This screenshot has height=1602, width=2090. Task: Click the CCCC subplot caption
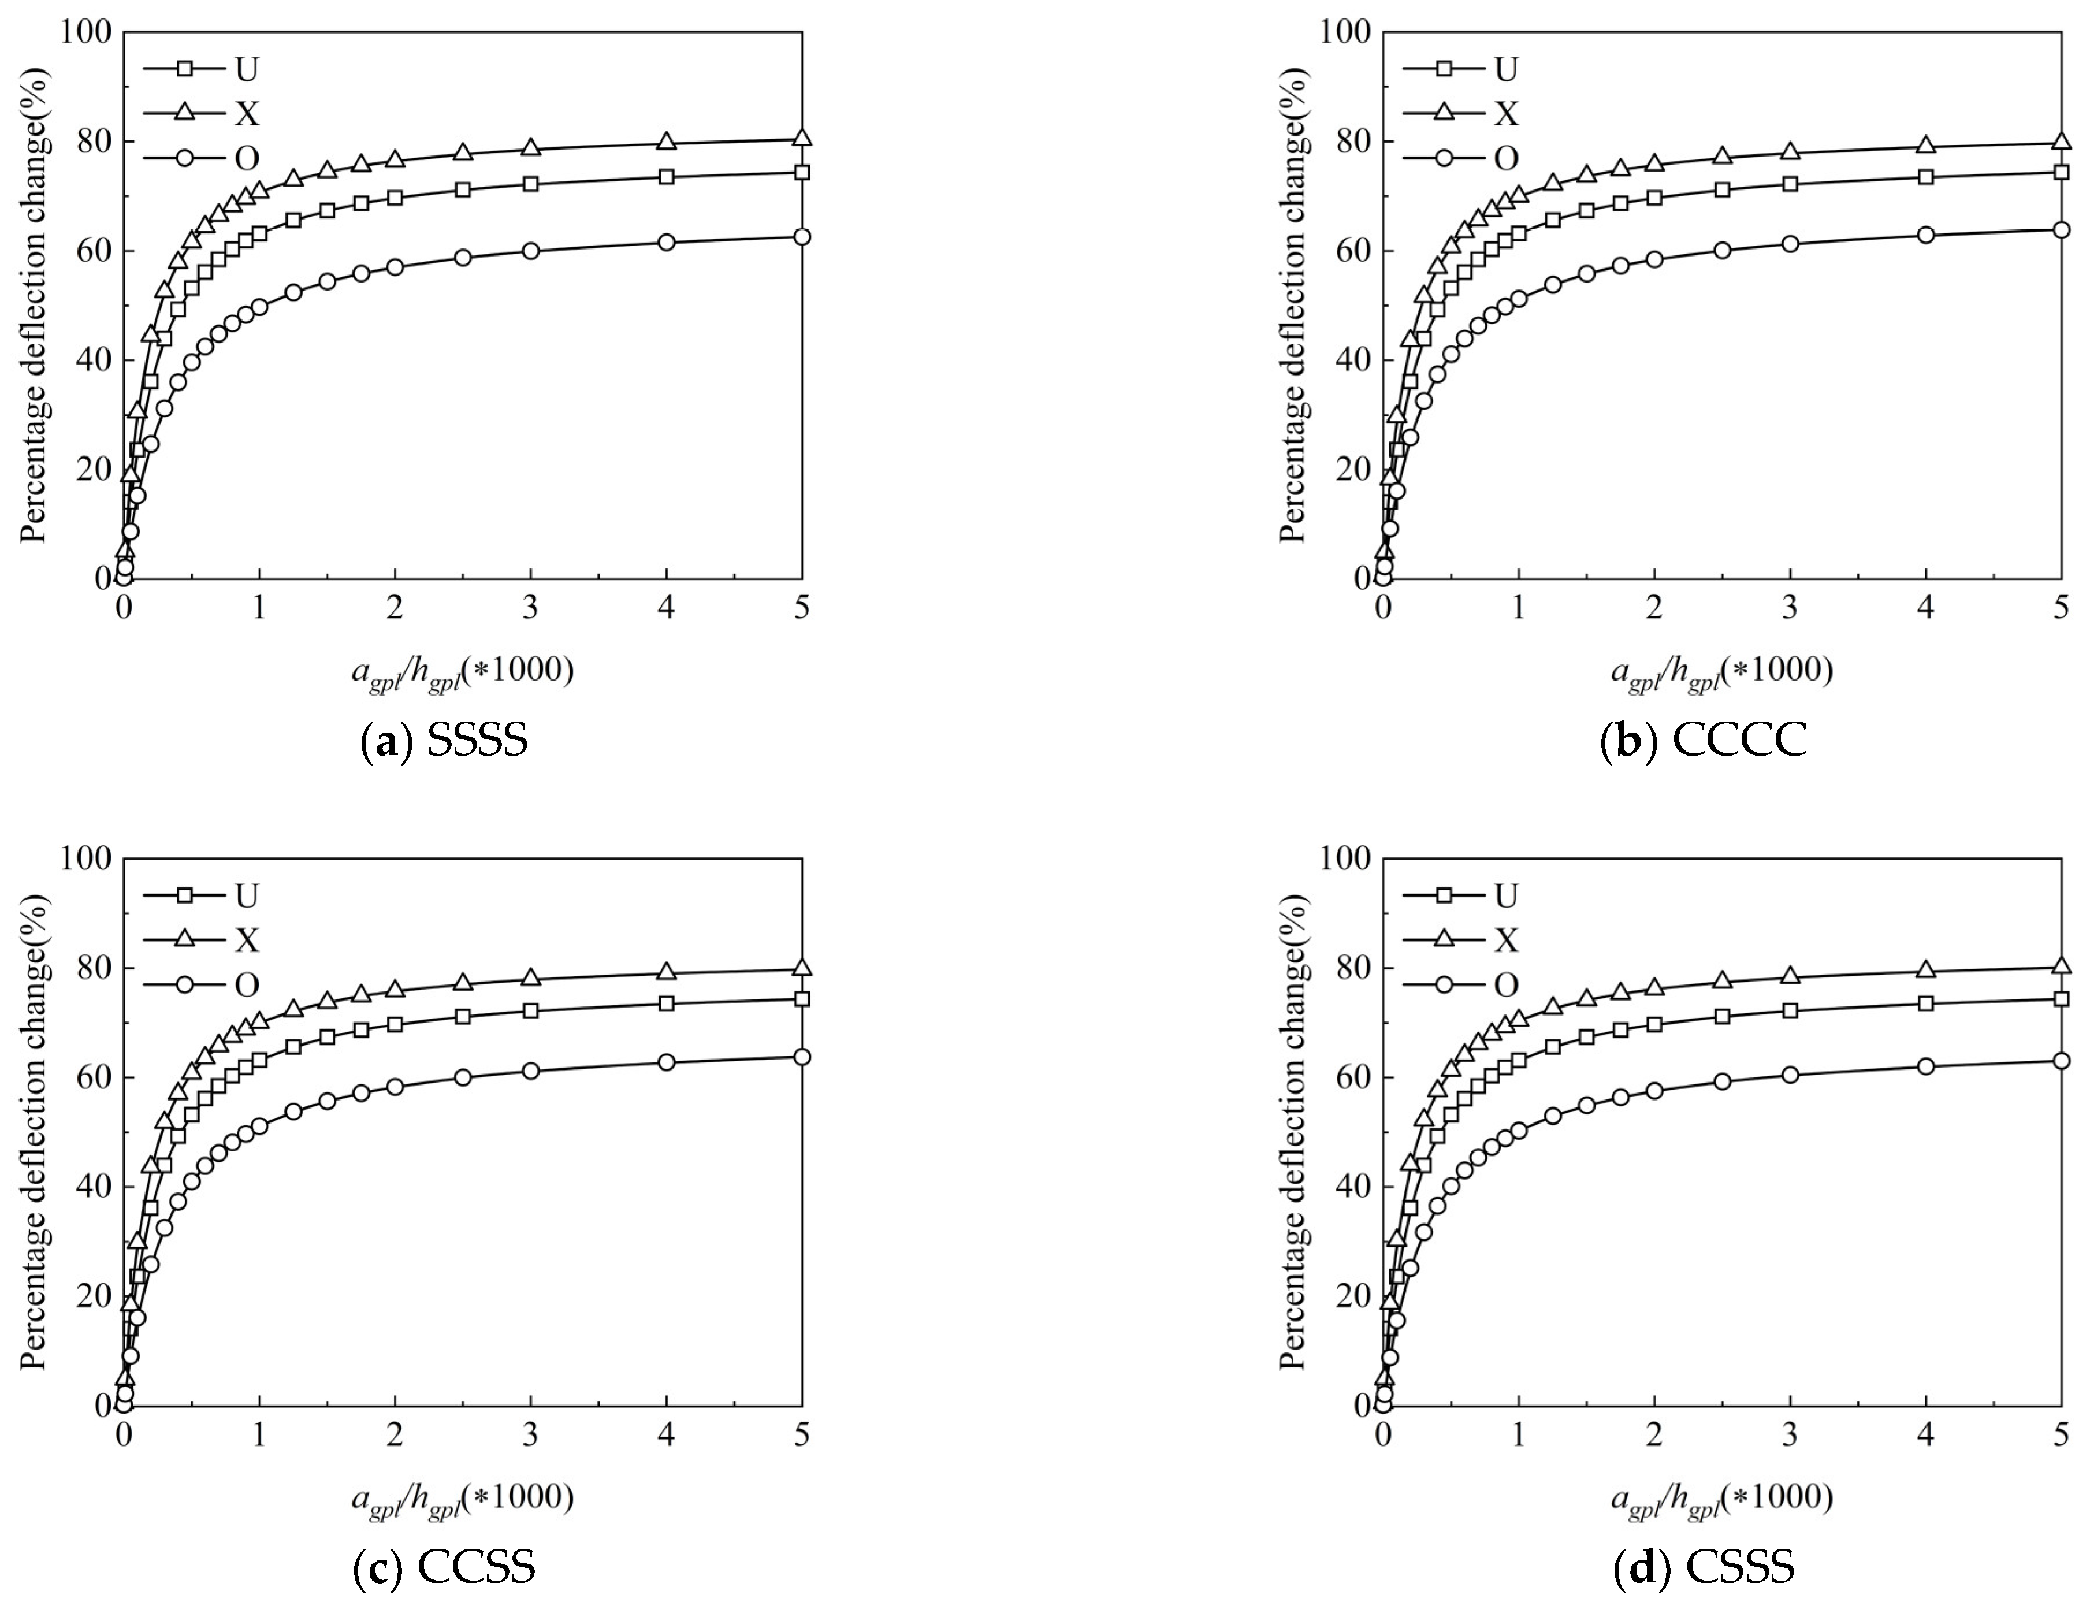[1703, 740]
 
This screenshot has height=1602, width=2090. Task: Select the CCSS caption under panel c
[444, 1567]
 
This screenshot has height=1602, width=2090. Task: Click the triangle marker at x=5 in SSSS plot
[802, 138]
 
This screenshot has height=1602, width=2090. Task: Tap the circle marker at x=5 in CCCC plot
[2061, 230]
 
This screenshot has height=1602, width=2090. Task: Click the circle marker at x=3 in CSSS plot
[1790, 1075]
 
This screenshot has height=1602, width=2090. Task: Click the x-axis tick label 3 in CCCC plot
[1790, 608]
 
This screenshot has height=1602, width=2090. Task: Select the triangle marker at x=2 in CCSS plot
[395, 989]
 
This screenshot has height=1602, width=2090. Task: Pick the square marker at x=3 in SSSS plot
[531, 184]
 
